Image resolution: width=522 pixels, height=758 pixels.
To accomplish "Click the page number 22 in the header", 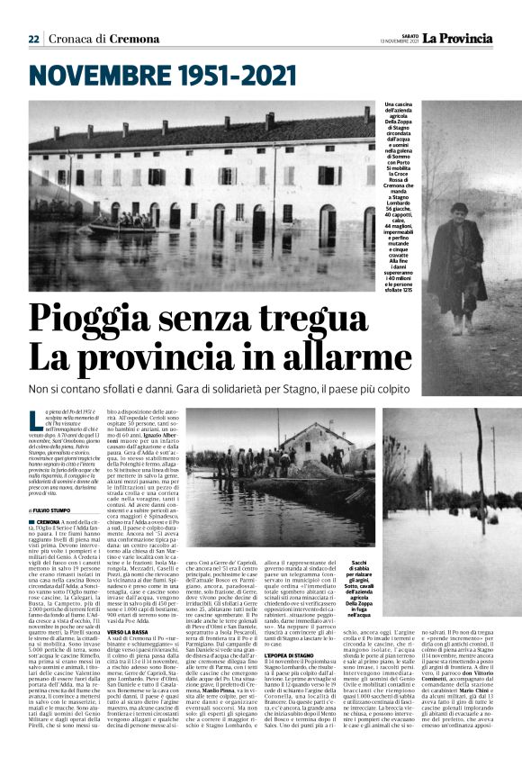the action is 33,39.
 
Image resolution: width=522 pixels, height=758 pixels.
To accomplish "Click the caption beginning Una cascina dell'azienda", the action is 397,193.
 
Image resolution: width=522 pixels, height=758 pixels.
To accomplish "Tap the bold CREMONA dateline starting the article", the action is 49,521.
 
